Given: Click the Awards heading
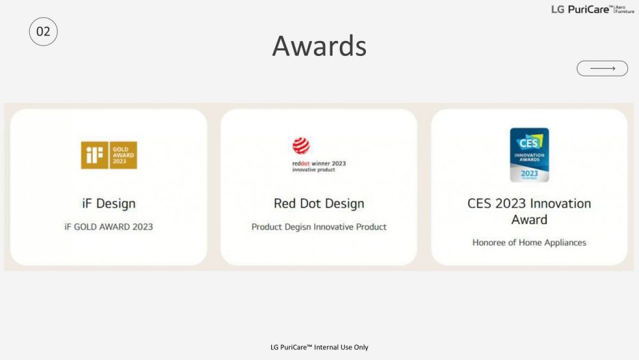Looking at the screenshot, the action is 319,46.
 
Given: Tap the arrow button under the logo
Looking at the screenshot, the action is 602,68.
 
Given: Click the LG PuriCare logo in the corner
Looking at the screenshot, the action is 593,10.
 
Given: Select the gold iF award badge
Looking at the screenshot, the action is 109,155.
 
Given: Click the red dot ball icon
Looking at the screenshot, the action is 301,146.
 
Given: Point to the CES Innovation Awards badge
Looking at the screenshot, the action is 529,155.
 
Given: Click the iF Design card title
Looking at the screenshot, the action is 109,203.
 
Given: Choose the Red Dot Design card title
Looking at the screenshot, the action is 319,203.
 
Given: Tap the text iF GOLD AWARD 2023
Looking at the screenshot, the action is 109,227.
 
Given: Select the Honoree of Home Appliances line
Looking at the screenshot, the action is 529,243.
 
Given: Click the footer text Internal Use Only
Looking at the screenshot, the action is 341,347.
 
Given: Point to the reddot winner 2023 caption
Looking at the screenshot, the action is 319,163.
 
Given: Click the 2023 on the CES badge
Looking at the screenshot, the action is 529,174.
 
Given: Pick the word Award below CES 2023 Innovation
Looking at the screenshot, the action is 529,219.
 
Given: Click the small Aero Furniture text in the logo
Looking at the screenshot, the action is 625,10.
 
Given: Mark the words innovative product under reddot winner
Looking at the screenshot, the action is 313,169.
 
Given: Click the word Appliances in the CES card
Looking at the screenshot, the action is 565,243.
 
